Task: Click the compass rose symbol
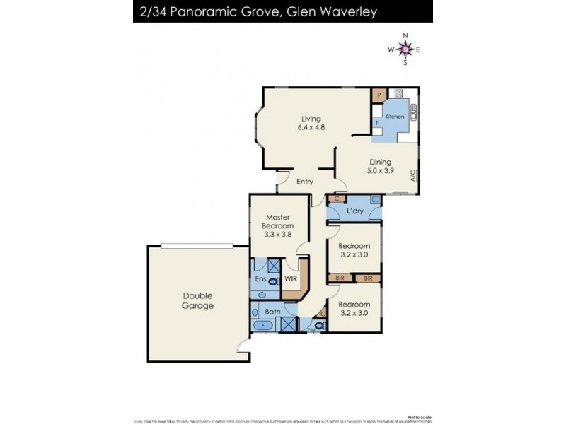click(405, 49)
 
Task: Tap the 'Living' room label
click(311, 119)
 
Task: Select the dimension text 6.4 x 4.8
click(311, 129)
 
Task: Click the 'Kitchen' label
click(394, 116)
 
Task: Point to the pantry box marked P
click(379, 94)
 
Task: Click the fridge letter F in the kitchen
click(377, 123)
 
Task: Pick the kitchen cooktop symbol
click(398, 93)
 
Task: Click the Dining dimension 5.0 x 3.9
click(380, 171)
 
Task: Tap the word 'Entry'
click(305, 182)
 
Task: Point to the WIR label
click(290, 279)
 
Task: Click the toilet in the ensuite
click(274, 282)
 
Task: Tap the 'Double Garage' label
click(197, 300)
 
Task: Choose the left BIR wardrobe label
click(341, 279)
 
